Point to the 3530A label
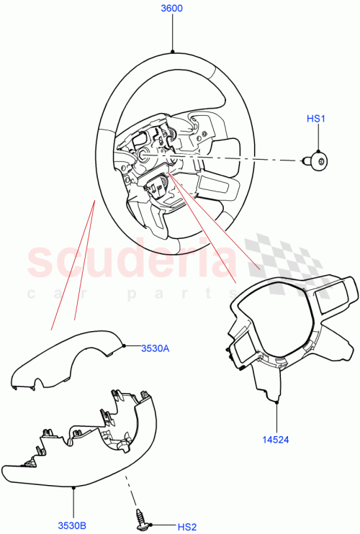tap(154, 348)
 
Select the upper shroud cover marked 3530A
tap(68, 360)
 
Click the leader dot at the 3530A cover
tap(125, 346)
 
